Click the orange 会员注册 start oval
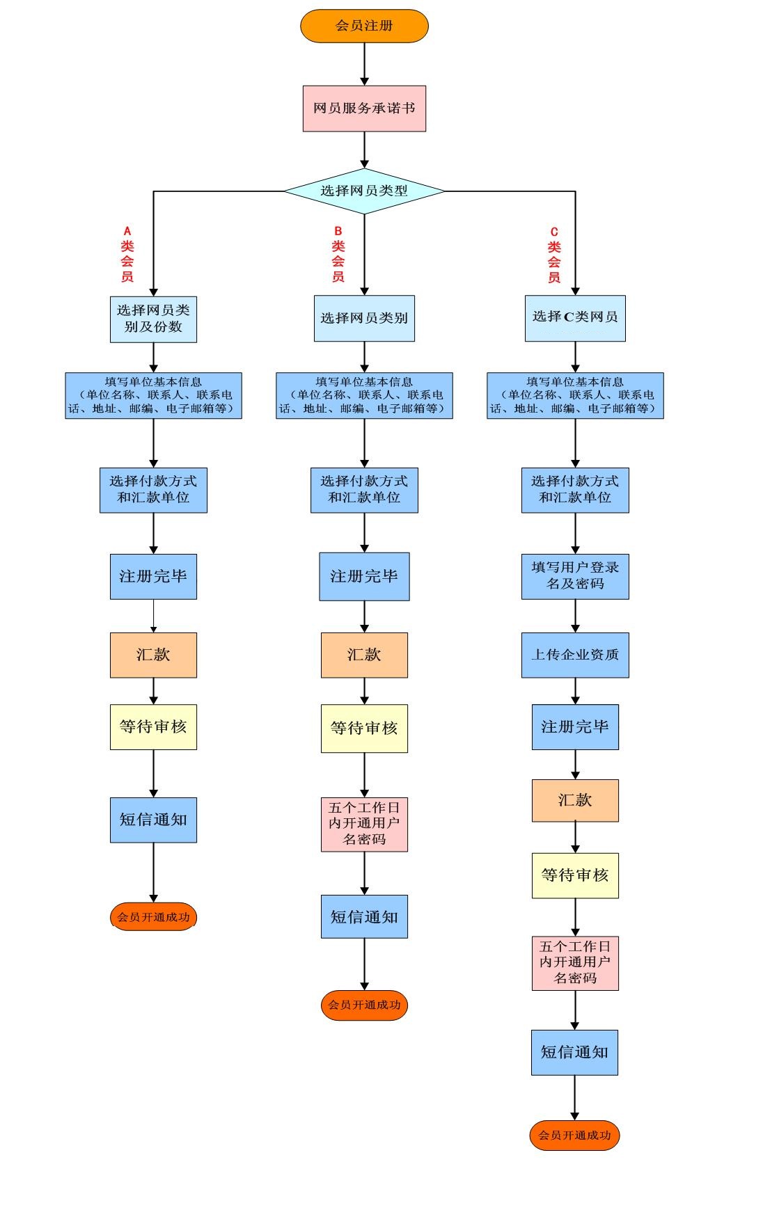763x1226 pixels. pyautogui.click(x=364, y=26)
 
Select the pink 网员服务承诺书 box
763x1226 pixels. pyautogui.click(x=364, y=109)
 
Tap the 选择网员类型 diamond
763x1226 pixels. pyautogui.click(x=364, y=191)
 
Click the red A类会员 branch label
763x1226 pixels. pyautogui.click(x=127, y=254)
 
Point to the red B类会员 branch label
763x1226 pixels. pyautogui.click(x=338, y=254)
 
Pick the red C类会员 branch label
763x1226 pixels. pyautogui.click(x=554, y=255)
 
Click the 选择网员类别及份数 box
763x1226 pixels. pyautogui.click(x=153, y=319)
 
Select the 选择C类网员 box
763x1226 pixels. pyautogui.click(x=575, y=318)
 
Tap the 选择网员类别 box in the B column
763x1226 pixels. pyautogui.click(x=364, y=318)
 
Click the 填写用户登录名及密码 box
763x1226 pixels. pyautogui.click(x=575, y=576)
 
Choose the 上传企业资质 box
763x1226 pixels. pyautogui.click(x=575, y=655)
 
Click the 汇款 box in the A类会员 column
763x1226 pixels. pyautogui.click(x=153, y=655)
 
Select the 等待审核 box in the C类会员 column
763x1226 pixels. pyautogui.click(x=575, y=875)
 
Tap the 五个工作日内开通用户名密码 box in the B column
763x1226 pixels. pyautogui.click(x=364, y=825)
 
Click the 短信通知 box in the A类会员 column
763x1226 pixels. pyautogui.click(x=153, y=820)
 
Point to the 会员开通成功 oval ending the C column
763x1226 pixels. pyautogui.click(x=574, y=1136)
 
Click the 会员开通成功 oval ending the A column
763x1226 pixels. pyautogui.click(x=153, y=917)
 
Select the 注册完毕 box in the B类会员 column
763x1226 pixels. pyautogui.click(x=364, y=576)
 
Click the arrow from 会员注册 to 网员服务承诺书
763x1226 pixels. pyautogui.click(x=364, y=64)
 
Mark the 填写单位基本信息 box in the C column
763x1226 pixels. pyautogui.click(x=575, y=395)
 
